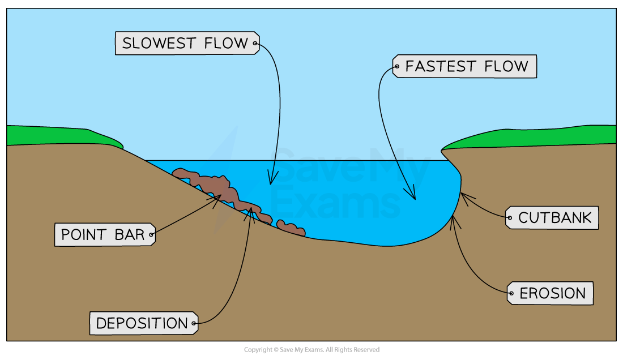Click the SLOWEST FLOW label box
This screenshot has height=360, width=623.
pyautogui.click(x=187, y=43)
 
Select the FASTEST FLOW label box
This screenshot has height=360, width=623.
pyautogui.click(x=464, y=66)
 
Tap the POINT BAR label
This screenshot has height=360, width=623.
pyautogui.click(x=105, y=234)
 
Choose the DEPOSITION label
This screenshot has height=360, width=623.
pyautogui.click(x=144, y=323)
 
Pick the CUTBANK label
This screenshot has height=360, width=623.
pyautogui.click(x=552, y=217)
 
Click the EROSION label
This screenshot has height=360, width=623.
pyautogui.click(x=551, y=293)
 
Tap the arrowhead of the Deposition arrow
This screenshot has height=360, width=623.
pyautogui.click(x=250, y=213)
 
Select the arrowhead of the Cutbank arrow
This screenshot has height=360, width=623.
pyautogui.click(x=466, y=199)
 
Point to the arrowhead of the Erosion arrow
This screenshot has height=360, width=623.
pyautogui.click(x=454, y=222)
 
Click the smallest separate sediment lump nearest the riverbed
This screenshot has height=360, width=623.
pyautogui.click(x=291, y=228)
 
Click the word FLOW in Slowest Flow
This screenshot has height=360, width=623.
pyautogui.click(x=226, y=43)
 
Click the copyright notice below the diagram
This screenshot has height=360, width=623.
pyautogui.click(x=311, y=350)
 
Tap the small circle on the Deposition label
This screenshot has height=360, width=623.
pyautogui.click(x=194, y=323)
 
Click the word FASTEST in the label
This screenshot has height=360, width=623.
pyautogui.click(x=441, y=66)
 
